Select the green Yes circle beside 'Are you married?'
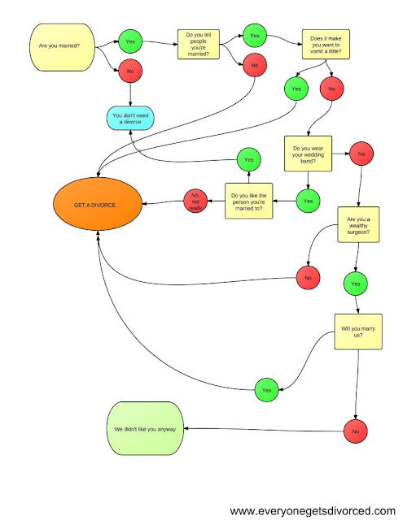tap(129, 40)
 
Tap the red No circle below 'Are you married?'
tap(129, 71)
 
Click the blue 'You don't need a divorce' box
tap(133, 119)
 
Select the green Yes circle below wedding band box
tap(308, 200)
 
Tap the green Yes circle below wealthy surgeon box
tap(356, 285)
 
